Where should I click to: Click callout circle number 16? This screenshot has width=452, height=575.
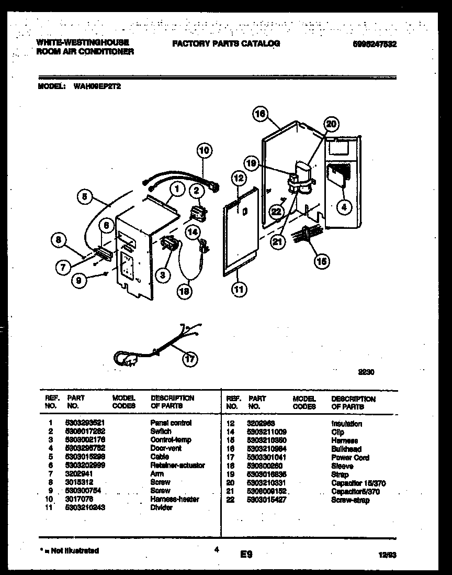(x=260, y=114)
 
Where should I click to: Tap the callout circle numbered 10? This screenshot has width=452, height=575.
(x=205, y=151)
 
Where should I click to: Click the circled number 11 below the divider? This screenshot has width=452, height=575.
(x=239, y=288)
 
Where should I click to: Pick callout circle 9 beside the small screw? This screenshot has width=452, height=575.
(x=78, y=280)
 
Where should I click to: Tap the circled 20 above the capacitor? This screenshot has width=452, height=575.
(x=331, y=124)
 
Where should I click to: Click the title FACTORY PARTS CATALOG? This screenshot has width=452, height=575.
(x=226, y=44)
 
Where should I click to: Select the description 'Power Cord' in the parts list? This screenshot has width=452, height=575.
(x=350, y=457)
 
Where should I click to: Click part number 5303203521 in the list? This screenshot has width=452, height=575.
(x=88, y=423)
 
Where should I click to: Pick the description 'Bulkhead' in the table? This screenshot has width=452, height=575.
(x=346, y=449)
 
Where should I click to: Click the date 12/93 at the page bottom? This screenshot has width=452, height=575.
(x=388, y=555)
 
